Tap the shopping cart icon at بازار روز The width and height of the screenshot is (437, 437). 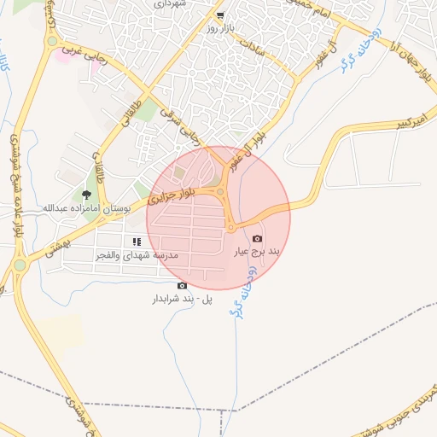click(x=220, y=15)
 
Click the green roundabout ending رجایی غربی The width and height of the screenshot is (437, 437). click(x=53, y=41)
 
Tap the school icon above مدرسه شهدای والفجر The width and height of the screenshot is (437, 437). click(x=137, y=242)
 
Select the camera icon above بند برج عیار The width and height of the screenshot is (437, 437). click(x=258, y=239)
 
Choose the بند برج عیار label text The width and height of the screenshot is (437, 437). click(x=257, y=252)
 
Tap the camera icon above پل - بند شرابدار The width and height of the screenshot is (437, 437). click(x=181, y=286)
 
